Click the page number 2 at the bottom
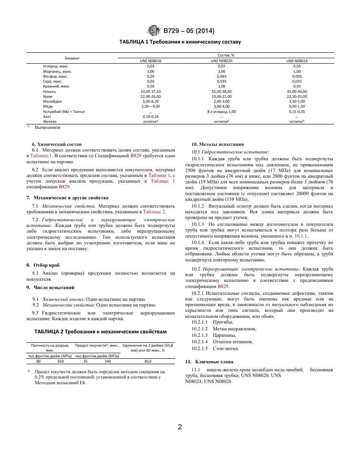180,427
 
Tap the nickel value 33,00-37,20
150,91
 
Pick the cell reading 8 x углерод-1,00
222,111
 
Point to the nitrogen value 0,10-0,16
150,116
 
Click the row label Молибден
52,102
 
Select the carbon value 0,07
222,66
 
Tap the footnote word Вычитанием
47,128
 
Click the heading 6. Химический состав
57,144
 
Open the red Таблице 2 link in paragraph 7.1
154,212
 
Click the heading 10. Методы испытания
218,144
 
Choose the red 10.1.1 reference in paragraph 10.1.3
301,236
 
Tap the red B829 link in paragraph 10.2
223,286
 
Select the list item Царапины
224,335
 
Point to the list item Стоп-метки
226,348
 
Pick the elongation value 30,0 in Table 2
147,361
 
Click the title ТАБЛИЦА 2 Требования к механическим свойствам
100,332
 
